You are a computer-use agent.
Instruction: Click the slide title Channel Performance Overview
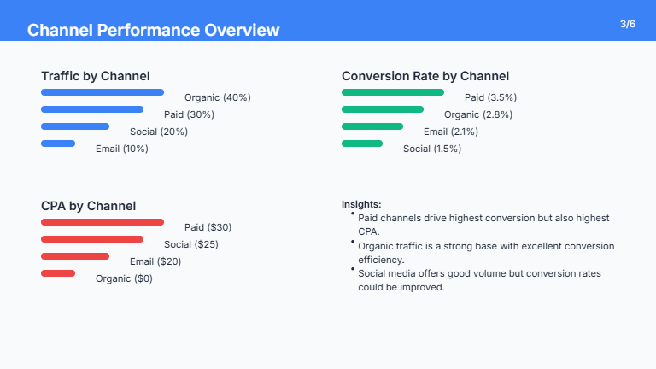[x=153, y=31]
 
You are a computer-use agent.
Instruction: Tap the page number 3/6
[x=628, y=24]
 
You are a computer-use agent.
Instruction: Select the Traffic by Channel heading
[x=95, y=76]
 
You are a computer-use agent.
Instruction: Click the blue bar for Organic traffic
[x=102, y=91]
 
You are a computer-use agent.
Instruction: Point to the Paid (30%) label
[x=189, y=114]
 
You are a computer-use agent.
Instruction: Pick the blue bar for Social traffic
[x=75, y=126]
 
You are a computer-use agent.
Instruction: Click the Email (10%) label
[x=121, y=149]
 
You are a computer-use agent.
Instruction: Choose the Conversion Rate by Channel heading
[x=425, y=76]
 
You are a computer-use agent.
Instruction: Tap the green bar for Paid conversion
[x=392, y=91]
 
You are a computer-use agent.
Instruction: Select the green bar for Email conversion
[x=372, y=126]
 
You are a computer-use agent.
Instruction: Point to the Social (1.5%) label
[x=431, y=149]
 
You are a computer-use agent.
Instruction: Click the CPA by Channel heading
[x=88, y=206]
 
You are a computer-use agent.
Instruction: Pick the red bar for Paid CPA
[x=102, y=221]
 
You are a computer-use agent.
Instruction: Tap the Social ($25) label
[x=191, y=244]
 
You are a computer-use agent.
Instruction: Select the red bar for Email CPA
[x=75, y=255]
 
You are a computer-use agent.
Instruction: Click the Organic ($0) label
[x=124, y=278]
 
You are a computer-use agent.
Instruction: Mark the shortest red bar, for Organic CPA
[x=58, y=272]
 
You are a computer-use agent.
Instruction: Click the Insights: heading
[x=361, y=204]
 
